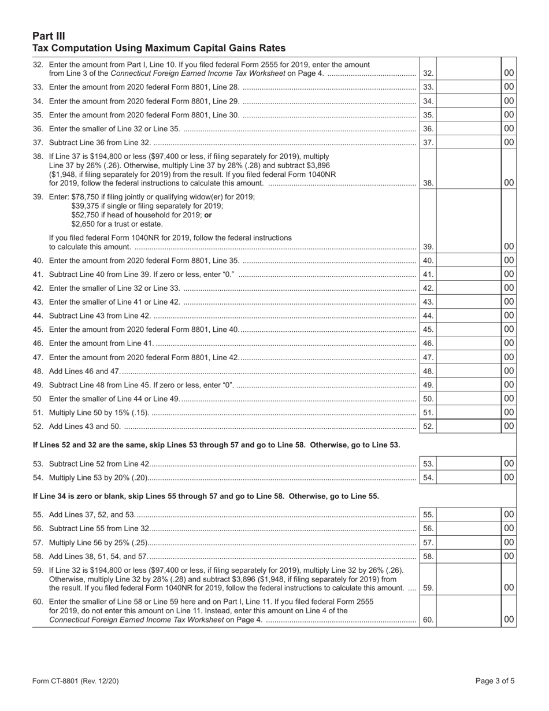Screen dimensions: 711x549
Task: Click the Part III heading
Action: (x=49, y=36)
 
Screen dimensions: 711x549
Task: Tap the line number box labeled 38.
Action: (x=428, y=183)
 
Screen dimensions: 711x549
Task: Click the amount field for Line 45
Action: (x=468, y=329)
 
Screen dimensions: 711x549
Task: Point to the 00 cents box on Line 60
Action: (x=509, y=620)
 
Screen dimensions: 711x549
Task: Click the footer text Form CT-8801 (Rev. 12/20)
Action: (x=76, y=681)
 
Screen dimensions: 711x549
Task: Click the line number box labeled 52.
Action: (x=428, y=427)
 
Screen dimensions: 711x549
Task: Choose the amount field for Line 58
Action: (x=468, y=556)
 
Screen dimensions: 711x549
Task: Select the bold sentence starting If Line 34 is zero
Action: (x=206, y=496)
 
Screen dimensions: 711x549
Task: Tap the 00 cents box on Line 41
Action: (x=509, y=274)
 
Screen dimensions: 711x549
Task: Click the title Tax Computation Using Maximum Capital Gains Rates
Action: (x=159, y=48)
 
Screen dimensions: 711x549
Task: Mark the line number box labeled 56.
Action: (x=428, y=528)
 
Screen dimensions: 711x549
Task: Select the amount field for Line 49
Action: (x=468, y=385)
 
